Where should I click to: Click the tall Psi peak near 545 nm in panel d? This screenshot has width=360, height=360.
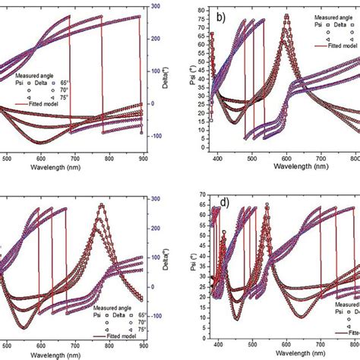point(267,205)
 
